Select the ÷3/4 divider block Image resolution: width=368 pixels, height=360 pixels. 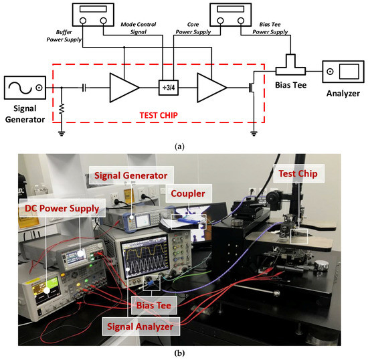click(x=163, y=88)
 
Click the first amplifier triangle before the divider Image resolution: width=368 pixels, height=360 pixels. click(x=124, y=88)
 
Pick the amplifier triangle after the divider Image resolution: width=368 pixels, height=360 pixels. click(x=209, y=88)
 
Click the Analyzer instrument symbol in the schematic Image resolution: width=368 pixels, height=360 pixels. click(x=342, y=70)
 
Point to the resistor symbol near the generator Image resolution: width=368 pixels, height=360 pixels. click(x=62, y=108)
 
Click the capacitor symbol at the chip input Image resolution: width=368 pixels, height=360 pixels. click(x=84, y=88)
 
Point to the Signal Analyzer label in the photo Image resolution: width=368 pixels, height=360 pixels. click(x=143, y=325)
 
